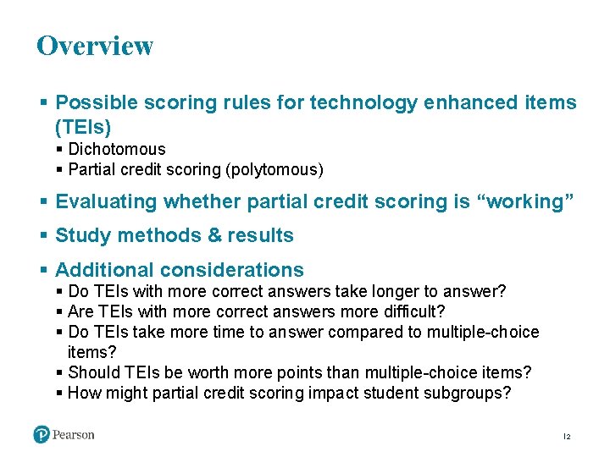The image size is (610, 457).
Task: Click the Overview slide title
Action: [95, 46]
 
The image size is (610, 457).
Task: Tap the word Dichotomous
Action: [117, 149]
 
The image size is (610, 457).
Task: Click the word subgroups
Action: [471, 393]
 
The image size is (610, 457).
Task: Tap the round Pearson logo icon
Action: [42, 434]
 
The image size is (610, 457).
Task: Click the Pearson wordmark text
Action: [74, 435]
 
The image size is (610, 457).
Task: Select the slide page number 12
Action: [567, 437]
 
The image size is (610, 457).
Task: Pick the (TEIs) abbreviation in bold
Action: [83, 127]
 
